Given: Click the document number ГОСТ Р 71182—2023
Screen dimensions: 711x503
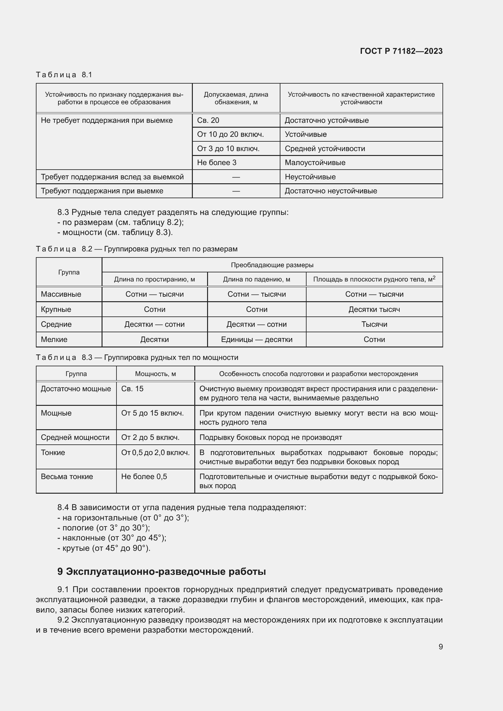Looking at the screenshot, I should point(401,51).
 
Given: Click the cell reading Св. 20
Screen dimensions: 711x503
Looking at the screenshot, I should point(208,120).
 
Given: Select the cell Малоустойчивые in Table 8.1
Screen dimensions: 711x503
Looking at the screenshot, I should point(315,163).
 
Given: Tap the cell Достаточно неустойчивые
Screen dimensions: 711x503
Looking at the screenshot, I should point(331,191).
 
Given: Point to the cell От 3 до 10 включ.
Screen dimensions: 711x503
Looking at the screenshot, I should point(228,149).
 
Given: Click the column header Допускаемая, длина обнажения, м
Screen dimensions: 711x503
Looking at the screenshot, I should point(236,98).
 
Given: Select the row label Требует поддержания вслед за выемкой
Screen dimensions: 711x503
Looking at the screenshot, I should point(112,177).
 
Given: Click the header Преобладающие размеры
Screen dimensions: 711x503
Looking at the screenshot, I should point(272,265).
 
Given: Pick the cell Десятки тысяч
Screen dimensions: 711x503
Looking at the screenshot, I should point(374,309).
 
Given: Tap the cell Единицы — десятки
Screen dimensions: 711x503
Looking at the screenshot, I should point(256,340).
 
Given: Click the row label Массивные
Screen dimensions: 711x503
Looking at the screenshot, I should point(61,294).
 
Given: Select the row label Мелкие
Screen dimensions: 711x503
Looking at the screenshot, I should point(54,340).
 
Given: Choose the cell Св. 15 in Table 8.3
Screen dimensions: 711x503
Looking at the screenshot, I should point(132,389).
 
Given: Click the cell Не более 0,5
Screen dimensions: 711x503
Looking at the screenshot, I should point(144,476).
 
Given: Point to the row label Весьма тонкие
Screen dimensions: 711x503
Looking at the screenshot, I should point(67,476).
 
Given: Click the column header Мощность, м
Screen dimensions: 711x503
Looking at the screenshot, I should point(155,374).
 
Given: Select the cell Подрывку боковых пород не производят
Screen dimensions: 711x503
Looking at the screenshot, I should point(271,437).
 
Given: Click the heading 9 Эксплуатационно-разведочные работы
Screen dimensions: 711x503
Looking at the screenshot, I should point(161,571).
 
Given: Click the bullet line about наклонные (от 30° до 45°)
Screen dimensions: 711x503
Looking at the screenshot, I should point(112,538).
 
